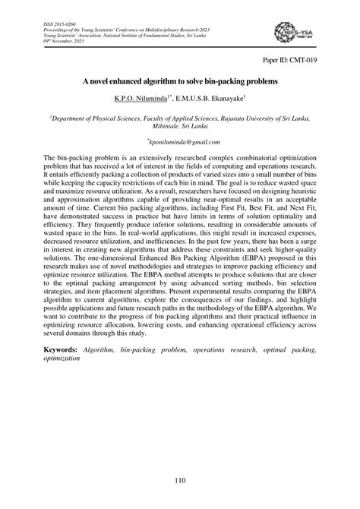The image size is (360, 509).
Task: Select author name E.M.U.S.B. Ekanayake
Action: (x=211, y=100)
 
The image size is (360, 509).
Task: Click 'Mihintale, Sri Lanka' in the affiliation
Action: (x=180, y=127)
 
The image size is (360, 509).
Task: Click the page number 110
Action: (x=180, y=481)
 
